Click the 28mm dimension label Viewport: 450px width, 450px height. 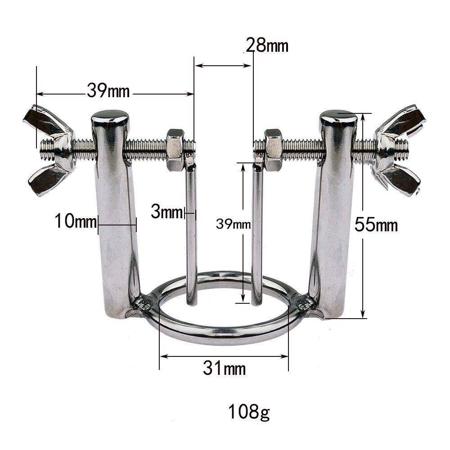tap(267, 46)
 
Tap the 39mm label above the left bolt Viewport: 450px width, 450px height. tap(108, 91)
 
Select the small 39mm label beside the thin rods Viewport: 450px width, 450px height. tap(233, 224)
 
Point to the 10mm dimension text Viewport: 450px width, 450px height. tap(75, 221)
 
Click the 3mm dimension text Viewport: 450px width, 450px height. tap(166, 212)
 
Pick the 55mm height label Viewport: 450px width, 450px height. tap(376, 224)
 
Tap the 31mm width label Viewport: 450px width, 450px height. tap(224, 369)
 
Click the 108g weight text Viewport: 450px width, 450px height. tap(249, 412)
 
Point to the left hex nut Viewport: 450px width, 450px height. tap(175, 149)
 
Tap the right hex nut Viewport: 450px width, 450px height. tap(273, 149)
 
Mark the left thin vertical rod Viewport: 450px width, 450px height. tap(191, 234)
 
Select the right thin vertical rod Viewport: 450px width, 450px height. tap(257, 234)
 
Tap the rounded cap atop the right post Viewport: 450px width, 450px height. tap(338, 117)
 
